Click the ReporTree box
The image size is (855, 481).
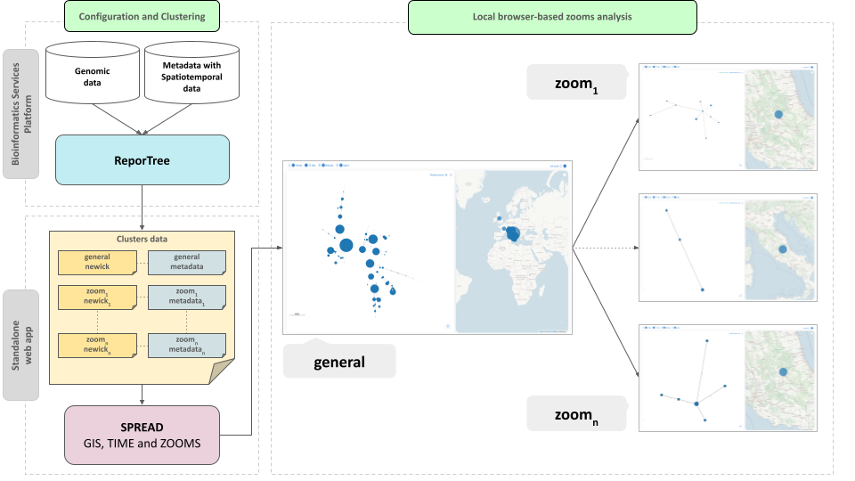[x=142, y=160]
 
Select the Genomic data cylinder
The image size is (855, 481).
[x=93, y=75]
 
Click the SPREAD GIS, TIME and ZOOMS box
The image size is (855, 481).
[x=142, y=435]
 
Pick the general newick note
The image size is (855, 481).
[x=97, y=262]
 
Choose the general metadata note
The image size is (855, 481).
[x=187, y=262]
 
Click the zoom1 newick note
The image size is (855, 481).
[x=97, y=298]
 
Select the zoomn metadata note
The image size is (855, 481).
[x=187, y=345]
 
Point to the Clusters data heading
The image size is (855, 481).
[x=142, y=239]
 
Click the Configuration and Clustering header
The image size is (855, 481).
[x=142, y=16]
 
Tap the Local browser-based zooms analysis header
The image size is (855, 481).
[x=551, y=16]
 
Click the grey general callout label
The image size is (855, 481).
[x=338, y=362]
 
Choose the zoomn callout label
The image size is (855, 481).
[x=574, y=415]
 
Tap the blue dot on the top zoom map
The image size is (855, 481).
[x=778, y=114]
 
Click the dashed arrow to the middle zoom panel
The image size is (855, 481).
[x=606, y=247]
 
